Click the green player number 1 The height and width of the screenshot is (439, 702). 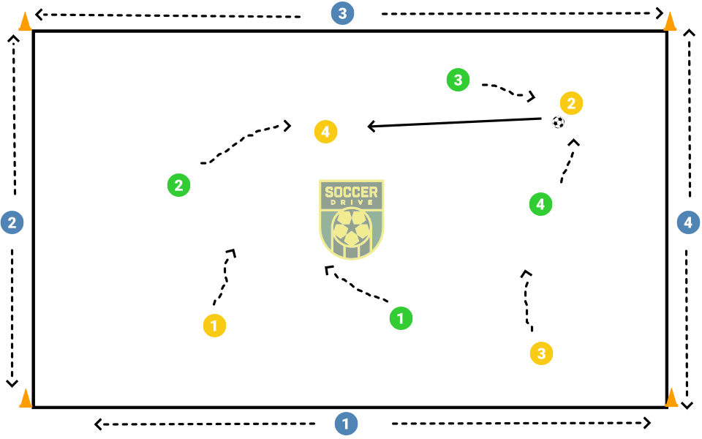[401, 318]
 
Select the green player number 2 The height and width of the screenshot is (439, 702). [178, 185]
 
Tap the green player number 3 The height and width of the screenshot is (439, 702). [458, 80]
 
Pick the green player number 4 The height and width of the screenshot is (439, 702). [540, 204]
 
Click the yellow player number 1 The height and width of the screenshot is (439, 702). [214, 325]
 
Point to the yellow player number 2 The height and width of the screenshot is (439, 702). [571, 103]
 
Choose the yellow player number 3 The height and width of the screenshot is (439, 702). [541, 354]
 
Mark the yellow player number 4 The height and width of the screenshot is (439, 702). [325, 132]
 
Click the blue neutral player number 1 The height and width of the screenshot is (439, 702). [346, 424]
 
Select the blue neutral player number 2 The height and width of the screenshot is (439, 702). [12, 222]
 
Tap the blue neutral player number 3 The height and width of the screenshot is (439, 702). [341, 13]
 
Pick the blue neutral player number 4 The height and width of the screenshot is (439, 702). [688, 222]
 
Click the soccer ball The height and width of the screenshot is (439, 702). [559, 122]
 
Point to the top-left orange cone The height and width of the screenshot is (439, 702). [25, 22]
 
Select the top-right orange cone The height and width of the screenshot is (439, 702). [670, 21]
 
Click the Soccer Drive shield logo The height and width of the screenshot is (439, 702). [352, 219]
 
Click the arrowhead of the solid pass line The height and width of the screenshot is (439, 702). [371, 127]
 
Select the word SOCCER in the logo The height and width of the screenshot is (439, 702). [352, 193]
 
